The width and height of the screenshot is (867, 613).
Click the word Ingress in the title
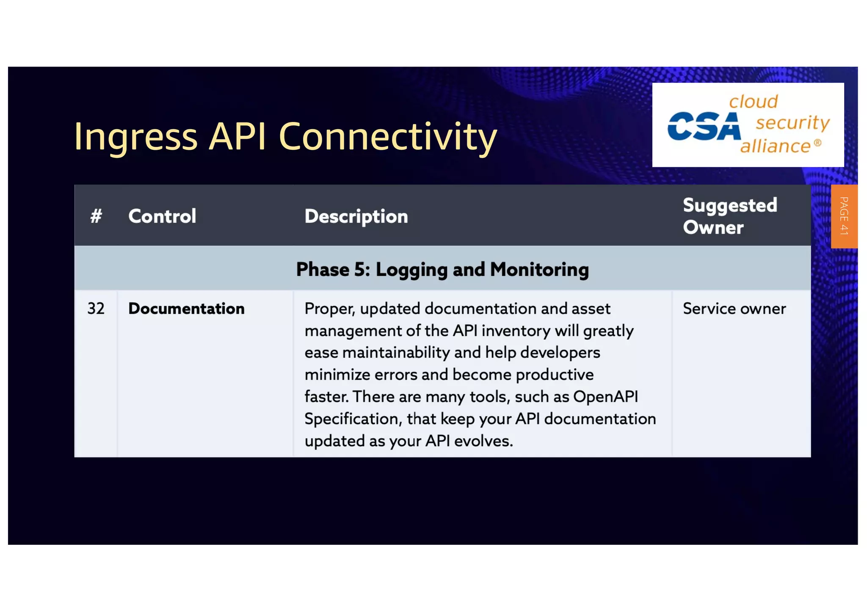click(135, 137)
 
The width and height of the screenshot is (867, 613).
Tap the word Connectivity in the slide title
click(387, 137)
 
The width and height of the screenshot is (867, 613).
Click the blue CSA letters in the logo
click(704, 126)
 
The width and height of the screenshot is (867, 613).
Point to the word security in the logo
click(792, 123)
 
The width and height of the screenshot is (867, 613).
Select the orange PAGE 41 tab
click(844, 216)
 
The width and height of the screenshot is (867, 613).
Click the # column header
click(96, 216)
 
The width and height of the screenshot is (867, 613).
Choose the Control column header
click(162, 216)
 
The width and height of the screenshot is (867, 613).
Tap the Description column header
click(356, 216)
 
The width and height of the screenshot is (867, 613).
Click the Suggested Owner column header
click(730, 216)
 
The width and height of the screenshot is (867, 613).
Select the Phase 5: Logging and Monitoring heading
click(442, 270)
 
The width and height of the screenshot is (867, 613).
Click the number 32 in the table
click(96, 309)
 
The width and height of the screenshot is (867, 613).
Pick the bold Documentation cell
click(186, 309)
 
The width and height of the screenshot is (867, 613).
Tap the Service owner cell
click(734, 309)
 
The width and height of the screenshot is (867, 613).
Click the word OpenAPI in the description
click(605, 397)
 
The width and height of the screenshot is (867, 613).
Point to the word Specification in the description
click(353, 419)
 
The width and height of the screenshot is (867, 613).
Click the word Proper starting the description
click(329, 309)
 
